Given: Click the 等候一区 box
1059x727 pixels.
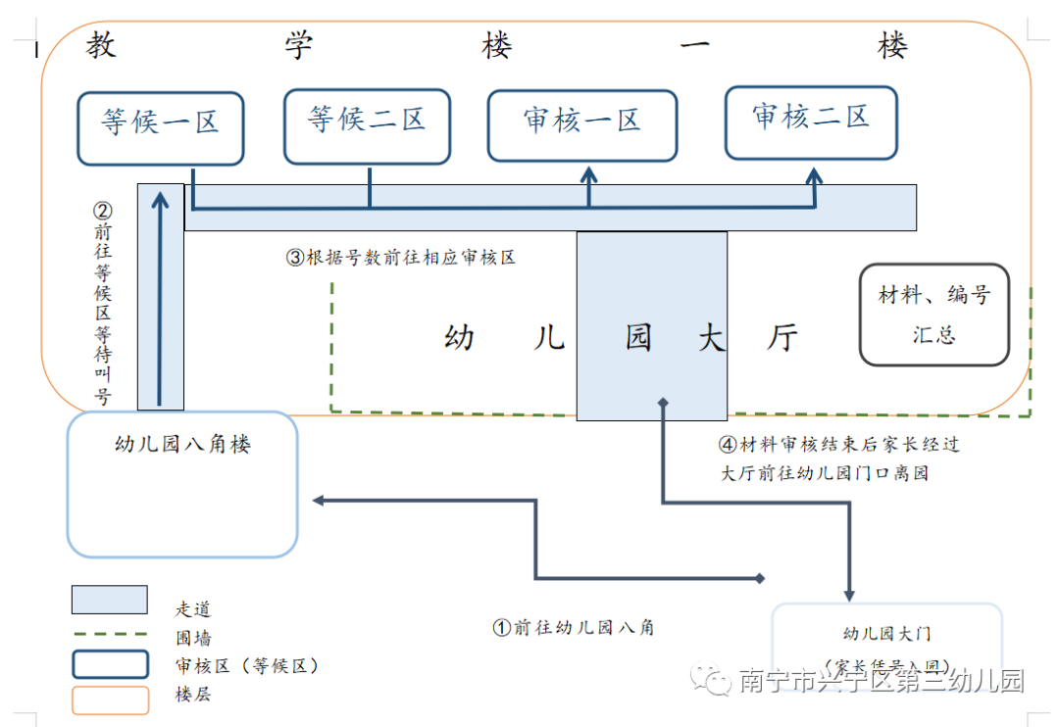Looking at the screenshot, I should [160, 127].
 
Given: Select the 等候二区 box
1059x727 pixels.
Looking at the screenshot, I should [367, 126].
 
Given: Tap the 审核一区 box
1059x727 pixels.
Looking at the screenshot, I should [582, 125].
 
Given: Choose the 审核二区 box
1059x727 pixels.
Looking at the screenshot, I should [811, 121].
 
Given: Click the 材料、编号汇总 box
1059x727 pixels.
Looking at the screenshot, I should [933, 314].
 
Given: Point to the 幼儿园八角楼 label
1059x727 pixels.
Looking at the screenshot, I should [182, 445].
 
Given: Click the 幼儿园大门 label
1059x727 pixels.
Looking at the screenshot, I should [886, 634].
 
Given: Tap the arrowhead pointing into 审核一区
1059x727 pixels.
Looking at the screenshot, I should [588, 175].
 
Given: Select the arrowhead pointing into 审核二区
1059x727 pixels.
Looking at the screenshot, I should [814, 175].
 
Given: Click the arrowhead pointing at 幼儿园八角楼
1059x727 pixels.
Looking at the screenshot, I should [319, 501].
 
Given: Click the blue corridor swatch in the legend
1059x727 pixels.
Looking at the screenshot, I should [109, 600].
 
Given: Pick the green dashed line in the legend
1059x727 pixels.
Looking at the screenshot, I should [109, 635].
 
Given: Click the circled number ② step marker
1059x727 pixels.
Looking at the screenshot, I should [102, 211].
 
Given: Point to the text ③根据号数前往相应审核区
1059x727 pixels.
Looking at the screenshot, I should [401, 258].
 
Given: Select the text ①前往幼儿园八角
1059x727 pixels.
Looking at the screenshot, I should [573, 627].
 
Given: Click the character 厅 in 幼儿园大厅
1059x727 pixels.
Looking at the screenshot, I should [782, 338].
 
